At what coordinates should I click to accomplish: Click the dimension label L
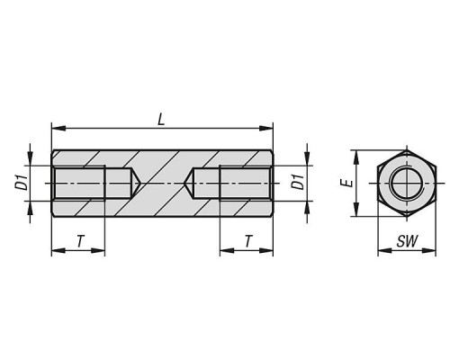[161, 121]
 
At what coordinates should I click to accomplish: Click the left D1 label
[22, 183]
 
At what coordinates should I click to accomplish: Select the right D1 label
[298, 182]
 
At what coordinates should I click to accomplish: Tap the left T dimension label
[80, 241]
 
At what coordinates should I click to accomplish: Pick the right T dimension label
[248, 241]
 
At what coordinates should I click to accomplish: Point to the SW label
[407, 241]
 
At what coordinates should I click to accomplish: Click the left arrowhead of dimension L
[58, 129]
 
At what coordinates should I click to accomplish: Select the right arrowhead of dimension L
[266, 129]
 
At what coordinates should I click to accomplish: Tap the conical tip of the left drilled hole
[140, 183]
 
